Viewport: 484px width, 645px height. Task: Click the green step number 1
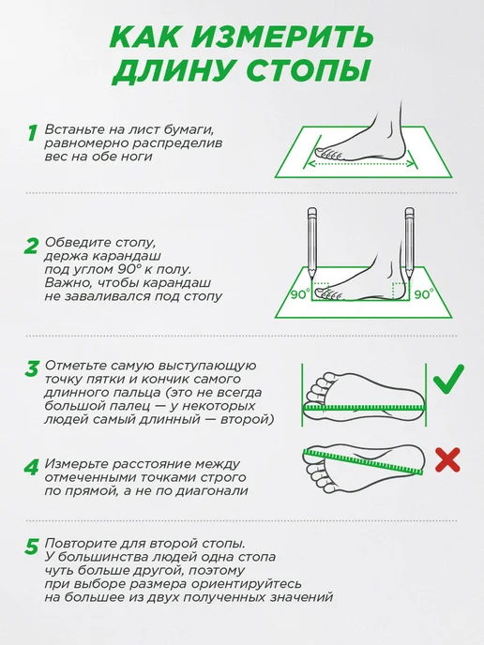coord(32,133)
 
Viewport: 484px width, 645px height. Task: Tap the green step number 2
coord(32,246)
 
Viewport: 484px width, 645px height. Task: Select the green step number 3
coord(32,368)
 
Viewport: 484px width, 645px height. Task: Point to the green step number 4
coord(32,467)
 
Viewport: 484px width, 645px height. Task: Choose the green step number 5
coord(32,547)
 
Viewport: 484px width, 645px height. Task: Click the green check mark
coord(448,379)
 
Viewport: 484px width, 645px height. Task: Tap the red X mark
coord(447,460)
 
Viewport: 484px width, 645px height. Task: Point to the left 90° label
coord(300,294)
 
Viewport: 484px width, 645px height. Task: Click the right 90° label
coord(424,294)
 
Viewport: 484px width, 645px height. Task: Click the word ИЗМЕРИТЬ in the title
coord(282,37)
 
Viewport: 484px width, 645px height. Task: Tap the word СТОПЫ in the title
coord(308,70)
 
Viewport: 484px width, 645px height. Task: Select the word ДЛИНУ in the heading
coord(174,71)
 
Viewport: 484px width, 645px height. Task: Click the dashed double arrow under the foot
coord(361,164)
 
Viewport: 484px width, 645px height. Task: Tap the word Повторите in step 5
coord(80,543)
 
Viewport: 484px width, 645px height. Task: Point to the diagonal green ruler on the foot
coord(364,461)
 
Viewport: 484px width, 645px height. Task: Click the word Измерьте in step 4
coord(76,464)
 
